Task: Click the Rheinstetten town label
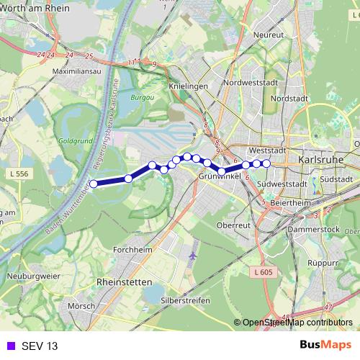click(129, 282)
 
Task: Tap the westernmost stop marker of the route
click(93, 184)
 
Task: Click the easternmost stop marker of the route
click(266, 164)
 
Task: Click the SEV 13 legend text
click(40, 346)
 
